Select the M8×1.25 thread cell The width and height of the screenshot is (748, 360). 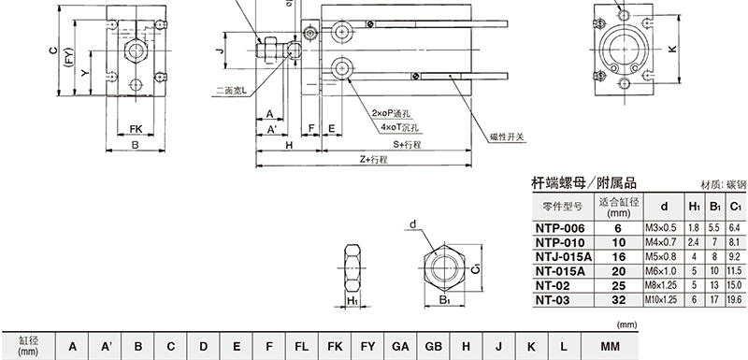point(664,285)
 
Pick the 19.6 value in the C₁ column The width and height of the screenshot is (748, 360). point(735,300)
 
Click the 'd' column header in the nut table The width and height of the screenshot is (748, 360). point(664,207)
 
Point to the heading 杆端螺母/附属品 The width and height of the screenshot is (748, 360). point(583,182)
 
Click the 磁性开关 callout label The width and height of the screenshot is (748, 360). point(507,137)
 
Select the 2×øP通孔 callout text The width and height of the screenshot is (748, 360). point(391,113)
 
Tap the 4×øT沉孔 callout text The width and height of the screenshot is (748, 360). point(400,127)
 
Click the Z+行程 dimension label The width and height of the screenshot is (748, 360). point(373,160)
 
